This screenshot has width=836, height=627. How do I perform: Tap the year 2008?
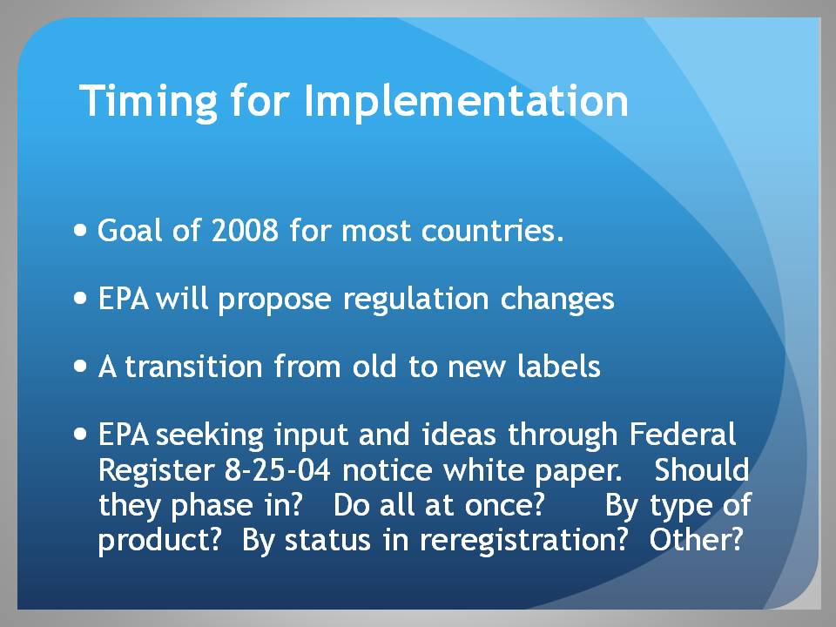click(245, 231)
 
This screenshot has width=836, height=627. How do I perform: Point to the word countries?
click(492, 231)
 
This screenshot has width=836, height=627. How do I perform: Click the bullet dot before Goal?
click(80, 230)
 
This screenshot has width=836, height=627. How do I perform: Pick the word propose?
click(274, 299)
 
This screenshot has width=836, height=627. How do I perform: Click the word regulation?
click(416, 299)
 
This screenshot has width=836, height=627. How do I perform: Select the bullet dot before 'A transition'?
click(80, 367)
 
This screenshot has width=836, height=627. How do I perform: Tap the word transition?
click(193, 367)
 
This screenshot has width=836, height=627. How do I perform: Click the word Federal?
click(683, 434)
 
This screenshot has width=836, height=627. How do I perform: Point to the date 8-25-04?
click(278, 470)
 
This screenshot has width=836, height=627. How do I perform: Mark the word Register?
click(156, 471)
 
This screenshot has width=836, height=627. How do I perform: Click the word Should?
click(702, 469)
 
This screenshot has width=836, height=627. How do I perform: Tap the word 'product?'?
click(159, 541)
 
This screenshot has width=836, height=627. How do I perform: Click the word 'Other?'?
click(697, 540)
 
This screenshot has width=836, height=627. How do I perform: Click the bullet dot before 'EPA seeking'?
click(80, 434)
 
